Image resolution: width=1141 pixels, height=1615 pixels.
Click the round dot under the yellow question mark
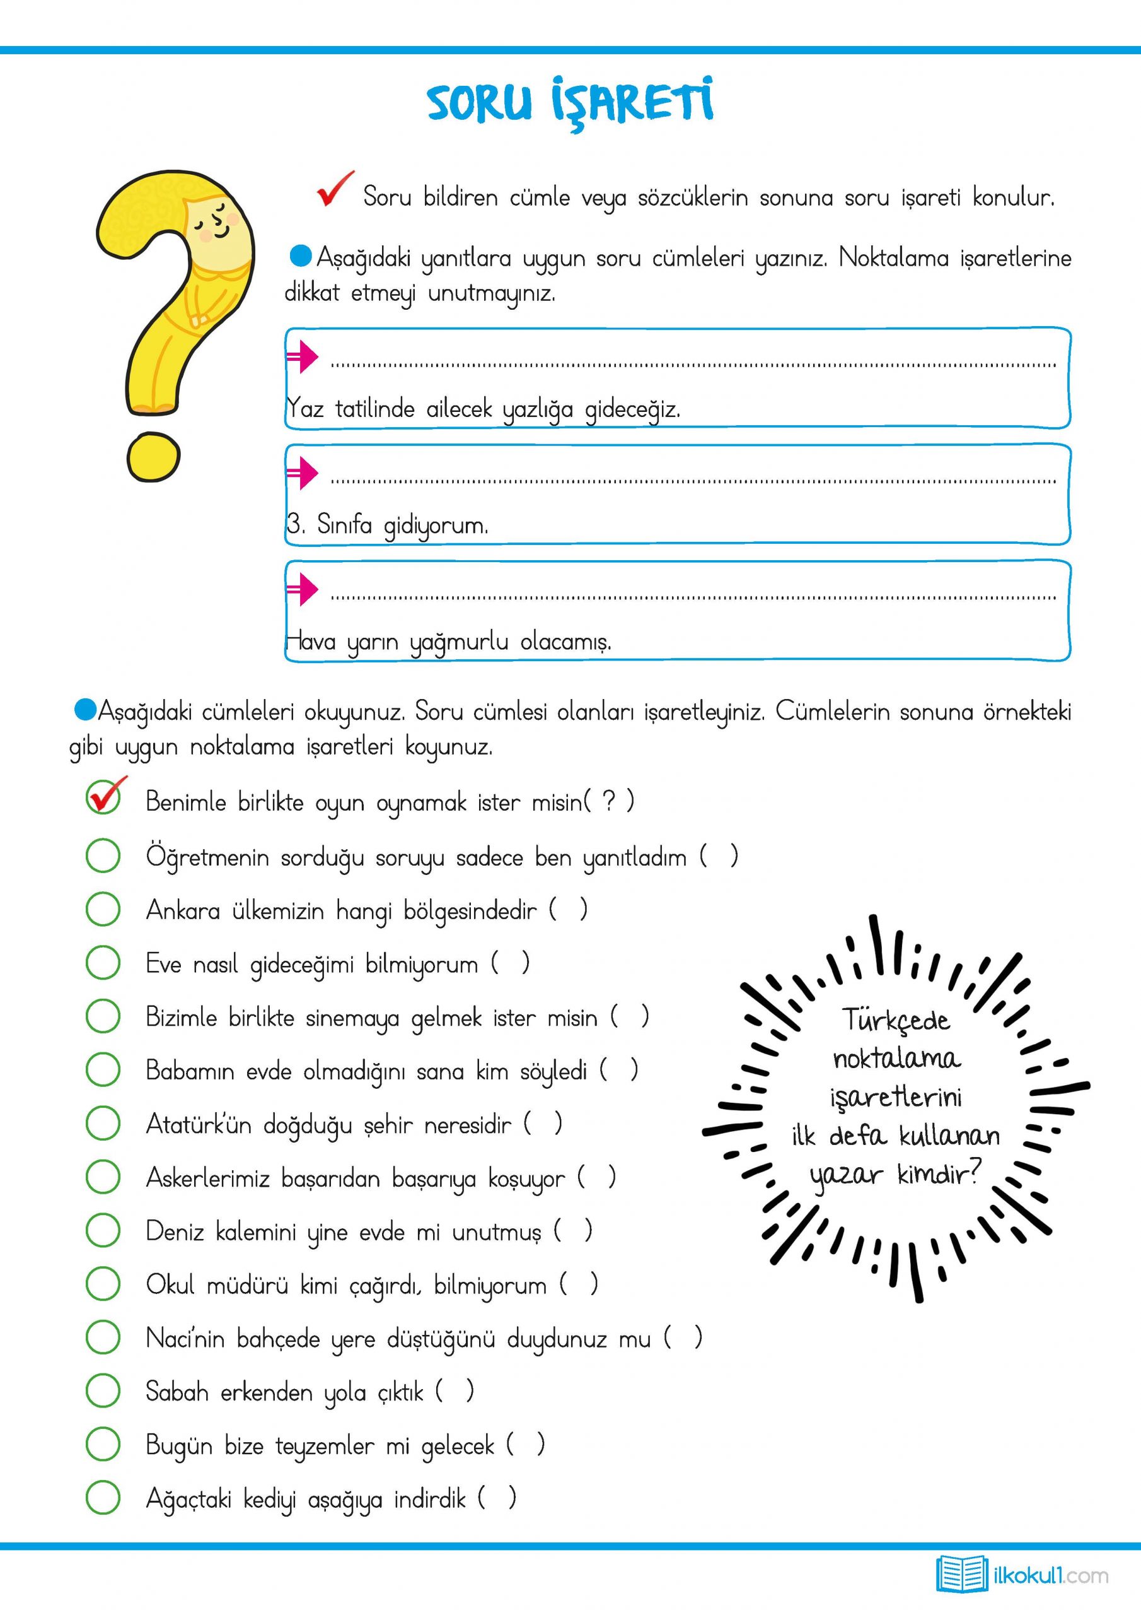click(153, 457)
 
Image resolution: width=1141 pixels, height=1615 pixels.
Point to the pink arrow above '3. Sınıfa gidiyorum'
click(303, 473)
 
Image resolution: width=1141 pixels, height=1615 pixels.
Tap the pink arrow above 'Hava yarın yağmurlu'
click(303, 589)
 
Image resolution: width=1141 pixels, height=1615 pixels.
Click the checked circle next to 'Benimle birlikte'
click(103, 799)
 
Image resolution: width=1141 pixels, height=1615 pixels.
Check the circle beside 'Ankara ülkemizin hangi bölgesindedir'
click(103, 909)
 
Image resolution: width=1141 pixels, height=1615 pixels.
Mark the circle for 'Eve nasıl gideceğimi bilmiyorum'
click(103, 962)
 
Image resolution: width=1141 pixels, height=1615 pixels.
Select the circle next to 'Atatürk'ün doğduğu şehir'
click(103, 1124)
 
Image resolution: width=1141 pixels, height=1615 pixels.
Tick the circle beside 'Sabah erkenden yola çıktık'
click(103, 1390)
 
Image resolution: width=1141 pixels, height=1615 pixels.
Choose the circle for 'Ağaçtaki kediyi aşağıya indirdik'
click(103, 1498)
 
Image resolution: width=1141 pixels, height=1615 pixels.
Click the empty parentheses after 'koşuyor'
click(597, 1177)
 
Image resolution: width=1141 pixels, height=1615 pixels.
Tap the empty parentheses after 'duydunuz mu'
click(683, 1337)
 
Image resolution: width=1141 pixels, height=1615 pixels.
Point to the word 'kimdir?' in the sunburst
click(938, 1173)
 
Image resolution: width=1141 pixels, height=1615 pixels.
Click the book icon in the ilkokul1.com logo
click(962, 1573)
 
